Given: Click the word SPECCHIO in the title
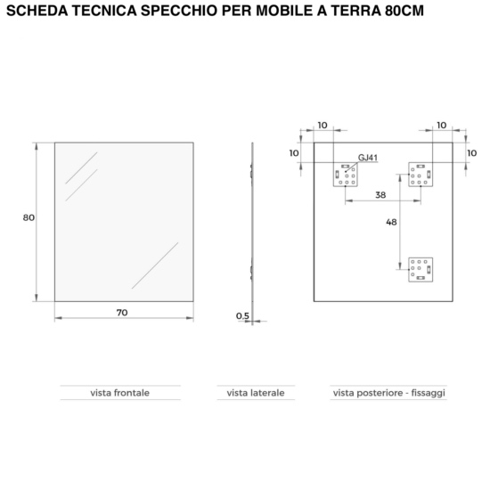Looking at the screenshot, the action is [x=179, y=11].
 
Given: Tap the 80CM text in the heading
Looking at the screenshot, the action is [x=404, y=11].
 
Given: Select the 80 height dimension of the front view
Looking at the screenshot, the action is [x=29, y=217].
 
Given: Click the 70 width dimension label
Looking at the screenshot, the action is [x=122, y=313].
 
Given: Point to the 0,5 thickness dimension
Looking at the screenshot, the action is [x=243, y=316].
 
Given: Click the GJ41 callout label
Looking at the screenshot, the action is [x=368, y=158].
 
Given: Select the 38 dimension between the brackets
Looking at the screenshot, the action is [x=380, y=195].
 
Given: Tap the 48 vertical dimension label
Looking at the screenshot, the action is [x=391, y=222].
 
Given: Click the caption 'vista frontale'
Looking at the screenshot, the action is [x=120, y=393].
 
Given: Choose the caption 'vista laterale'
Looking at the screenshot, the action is [x=256, y=393].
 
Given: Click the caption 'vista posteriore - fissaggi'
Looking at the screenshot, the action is [x=389, y=393].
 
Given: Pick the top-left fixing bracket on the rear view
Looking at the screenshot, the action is [x=346, y=175].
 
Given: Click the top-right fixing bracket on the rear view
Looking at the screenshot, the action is [x=421, y=175].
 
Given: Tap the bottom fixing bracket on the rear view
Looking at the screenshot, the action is [x=421, y=270].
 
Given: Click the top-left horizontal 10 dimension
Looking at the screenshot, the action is [x=323, y=126].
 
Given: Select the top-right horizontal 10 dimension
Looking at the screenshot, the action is [x=442, y=126].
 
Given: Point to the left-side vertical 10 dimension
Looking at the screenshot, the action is [x=294, y=153].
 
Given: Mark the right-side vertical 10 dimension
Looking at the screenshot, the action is [x=472, y=153].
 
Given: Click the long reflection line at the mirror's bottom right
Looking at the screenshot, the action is [x=155, y=265].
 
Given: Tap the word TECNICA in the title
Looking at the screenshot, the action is [x=105, y=11].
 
